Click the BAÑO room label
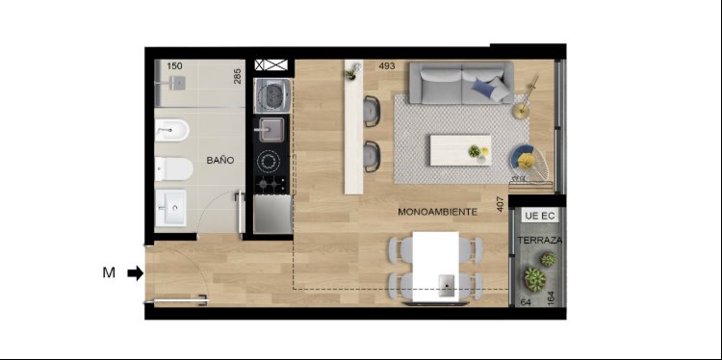point(220,161)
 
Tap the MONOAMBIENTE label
point(437,212)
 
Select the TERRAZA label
point(540,241)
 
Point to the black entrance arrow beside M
point(136,273)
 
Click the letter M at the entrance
point(109,273)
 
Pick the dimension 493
point(387,66)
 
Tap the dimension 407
point(502,204)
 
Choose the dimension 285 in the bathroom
point(237,76)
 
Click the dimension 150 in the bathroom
point(174,66)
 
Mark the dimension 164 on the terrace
point(551,297)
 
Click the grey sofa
point(461,83)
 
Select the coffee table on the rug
point(460,150)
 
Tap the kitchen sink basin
point(271,129)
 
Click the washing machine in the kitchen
point(272,95)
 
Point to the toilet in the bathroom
point(173,169)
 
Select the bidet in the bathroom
point(171,130)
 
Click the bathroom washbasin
point(170,208)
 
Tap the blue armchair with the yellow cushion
point(529,163)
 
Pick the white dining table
point(435,267)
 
